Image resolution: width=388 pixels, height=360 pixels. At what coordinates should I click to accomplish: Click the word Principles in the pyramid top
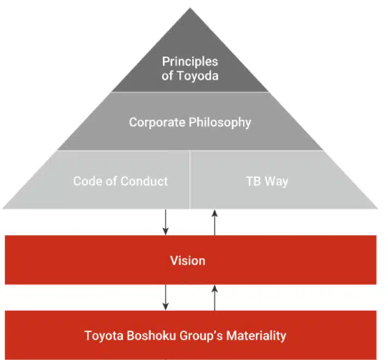click(190, 61)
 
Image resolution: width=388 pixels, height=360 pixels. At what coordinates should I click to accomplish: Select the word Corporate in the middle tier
click(157, 121)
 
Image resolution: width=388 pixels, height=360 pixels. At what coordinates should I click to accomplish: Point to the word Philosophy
click(219, 121)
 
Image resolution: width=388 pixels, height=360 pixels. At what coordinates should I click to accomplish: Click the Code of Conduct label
click(120, 181)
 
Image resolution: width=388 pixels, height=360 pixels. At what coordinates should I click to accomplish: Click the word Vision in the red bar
click(187, 260)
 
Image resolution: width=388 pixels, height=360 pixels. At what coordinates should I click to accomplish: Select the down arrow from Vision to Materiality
click(165, 298)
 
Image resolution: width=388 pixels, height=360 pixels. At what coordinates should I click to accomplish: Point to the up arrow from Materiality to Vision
click(215, 298)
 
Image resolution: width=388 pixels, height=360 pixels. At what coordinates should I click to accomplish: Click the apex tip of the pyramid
click(190, 9)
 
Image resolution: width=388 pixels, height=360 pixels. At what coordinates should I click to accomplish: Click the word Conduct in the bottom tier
click(145, 181)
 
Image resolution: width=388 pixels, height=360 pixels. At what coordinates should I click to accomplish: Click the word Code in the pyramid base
click(86, 181)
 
